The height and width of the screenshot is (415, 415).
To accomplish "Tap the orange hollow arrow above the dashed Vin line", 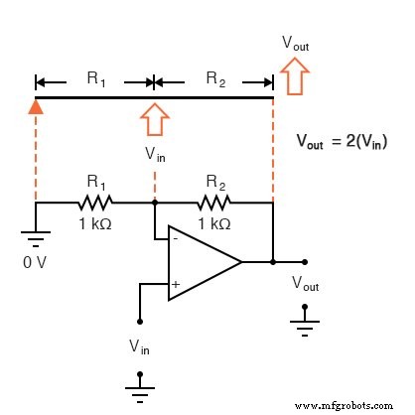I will (154, 118).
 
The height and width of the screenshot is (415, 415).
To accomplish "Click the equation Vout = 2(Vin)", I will (343, 142).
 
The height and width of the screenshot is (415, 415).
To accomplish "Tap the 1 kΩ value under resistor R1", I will (94, 223).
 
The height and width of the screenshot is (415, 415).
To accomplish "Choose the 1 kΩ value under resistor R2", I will (213, 223).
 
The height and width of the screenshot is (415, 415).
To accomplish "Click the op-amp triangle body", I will (199, 262).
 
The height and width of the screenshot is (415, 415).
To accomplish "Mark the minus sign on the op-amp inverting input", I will (175, 239).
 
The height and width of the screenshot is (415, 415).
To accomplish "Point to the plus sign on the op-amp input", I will (175, 284).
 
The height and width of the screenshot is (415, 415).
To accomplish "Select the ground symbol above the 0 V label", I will (36, 238).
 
